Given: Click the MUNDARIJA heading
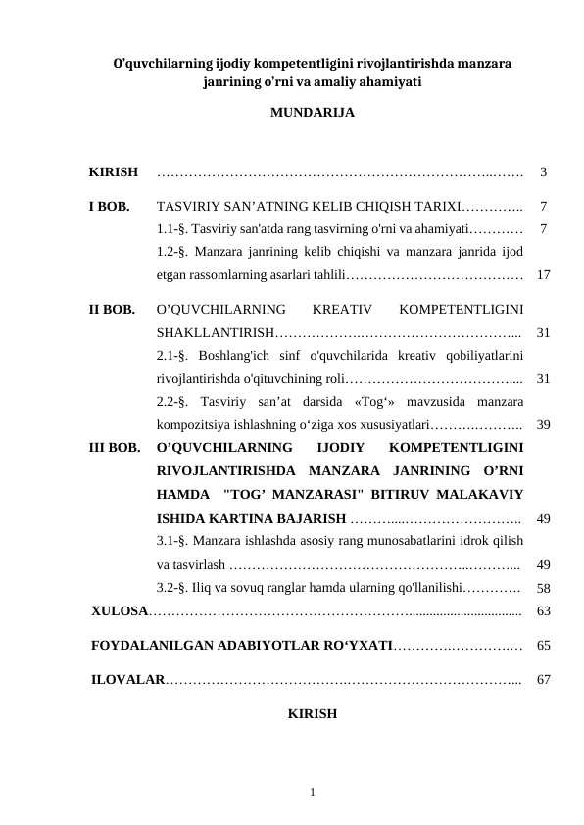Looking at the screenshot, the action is (312, 113).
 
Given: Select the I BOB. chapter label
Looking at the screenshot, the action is (110, 208).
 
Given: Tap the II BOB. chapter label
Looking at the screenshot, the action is (112, 311).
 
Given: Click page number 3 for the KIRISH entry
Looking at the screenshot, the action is (543, 173).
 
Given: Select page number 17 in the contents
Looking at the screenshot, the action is (543, 276).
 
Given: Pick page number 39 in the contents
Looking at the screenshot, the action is (543, 426).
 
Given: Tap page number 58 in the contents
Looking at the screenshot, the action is (543, 589).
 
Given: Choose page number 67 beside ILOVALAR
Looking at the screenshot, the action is (543, 679).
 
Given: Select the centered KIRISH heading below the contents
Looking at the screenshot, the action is (313, 713).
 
